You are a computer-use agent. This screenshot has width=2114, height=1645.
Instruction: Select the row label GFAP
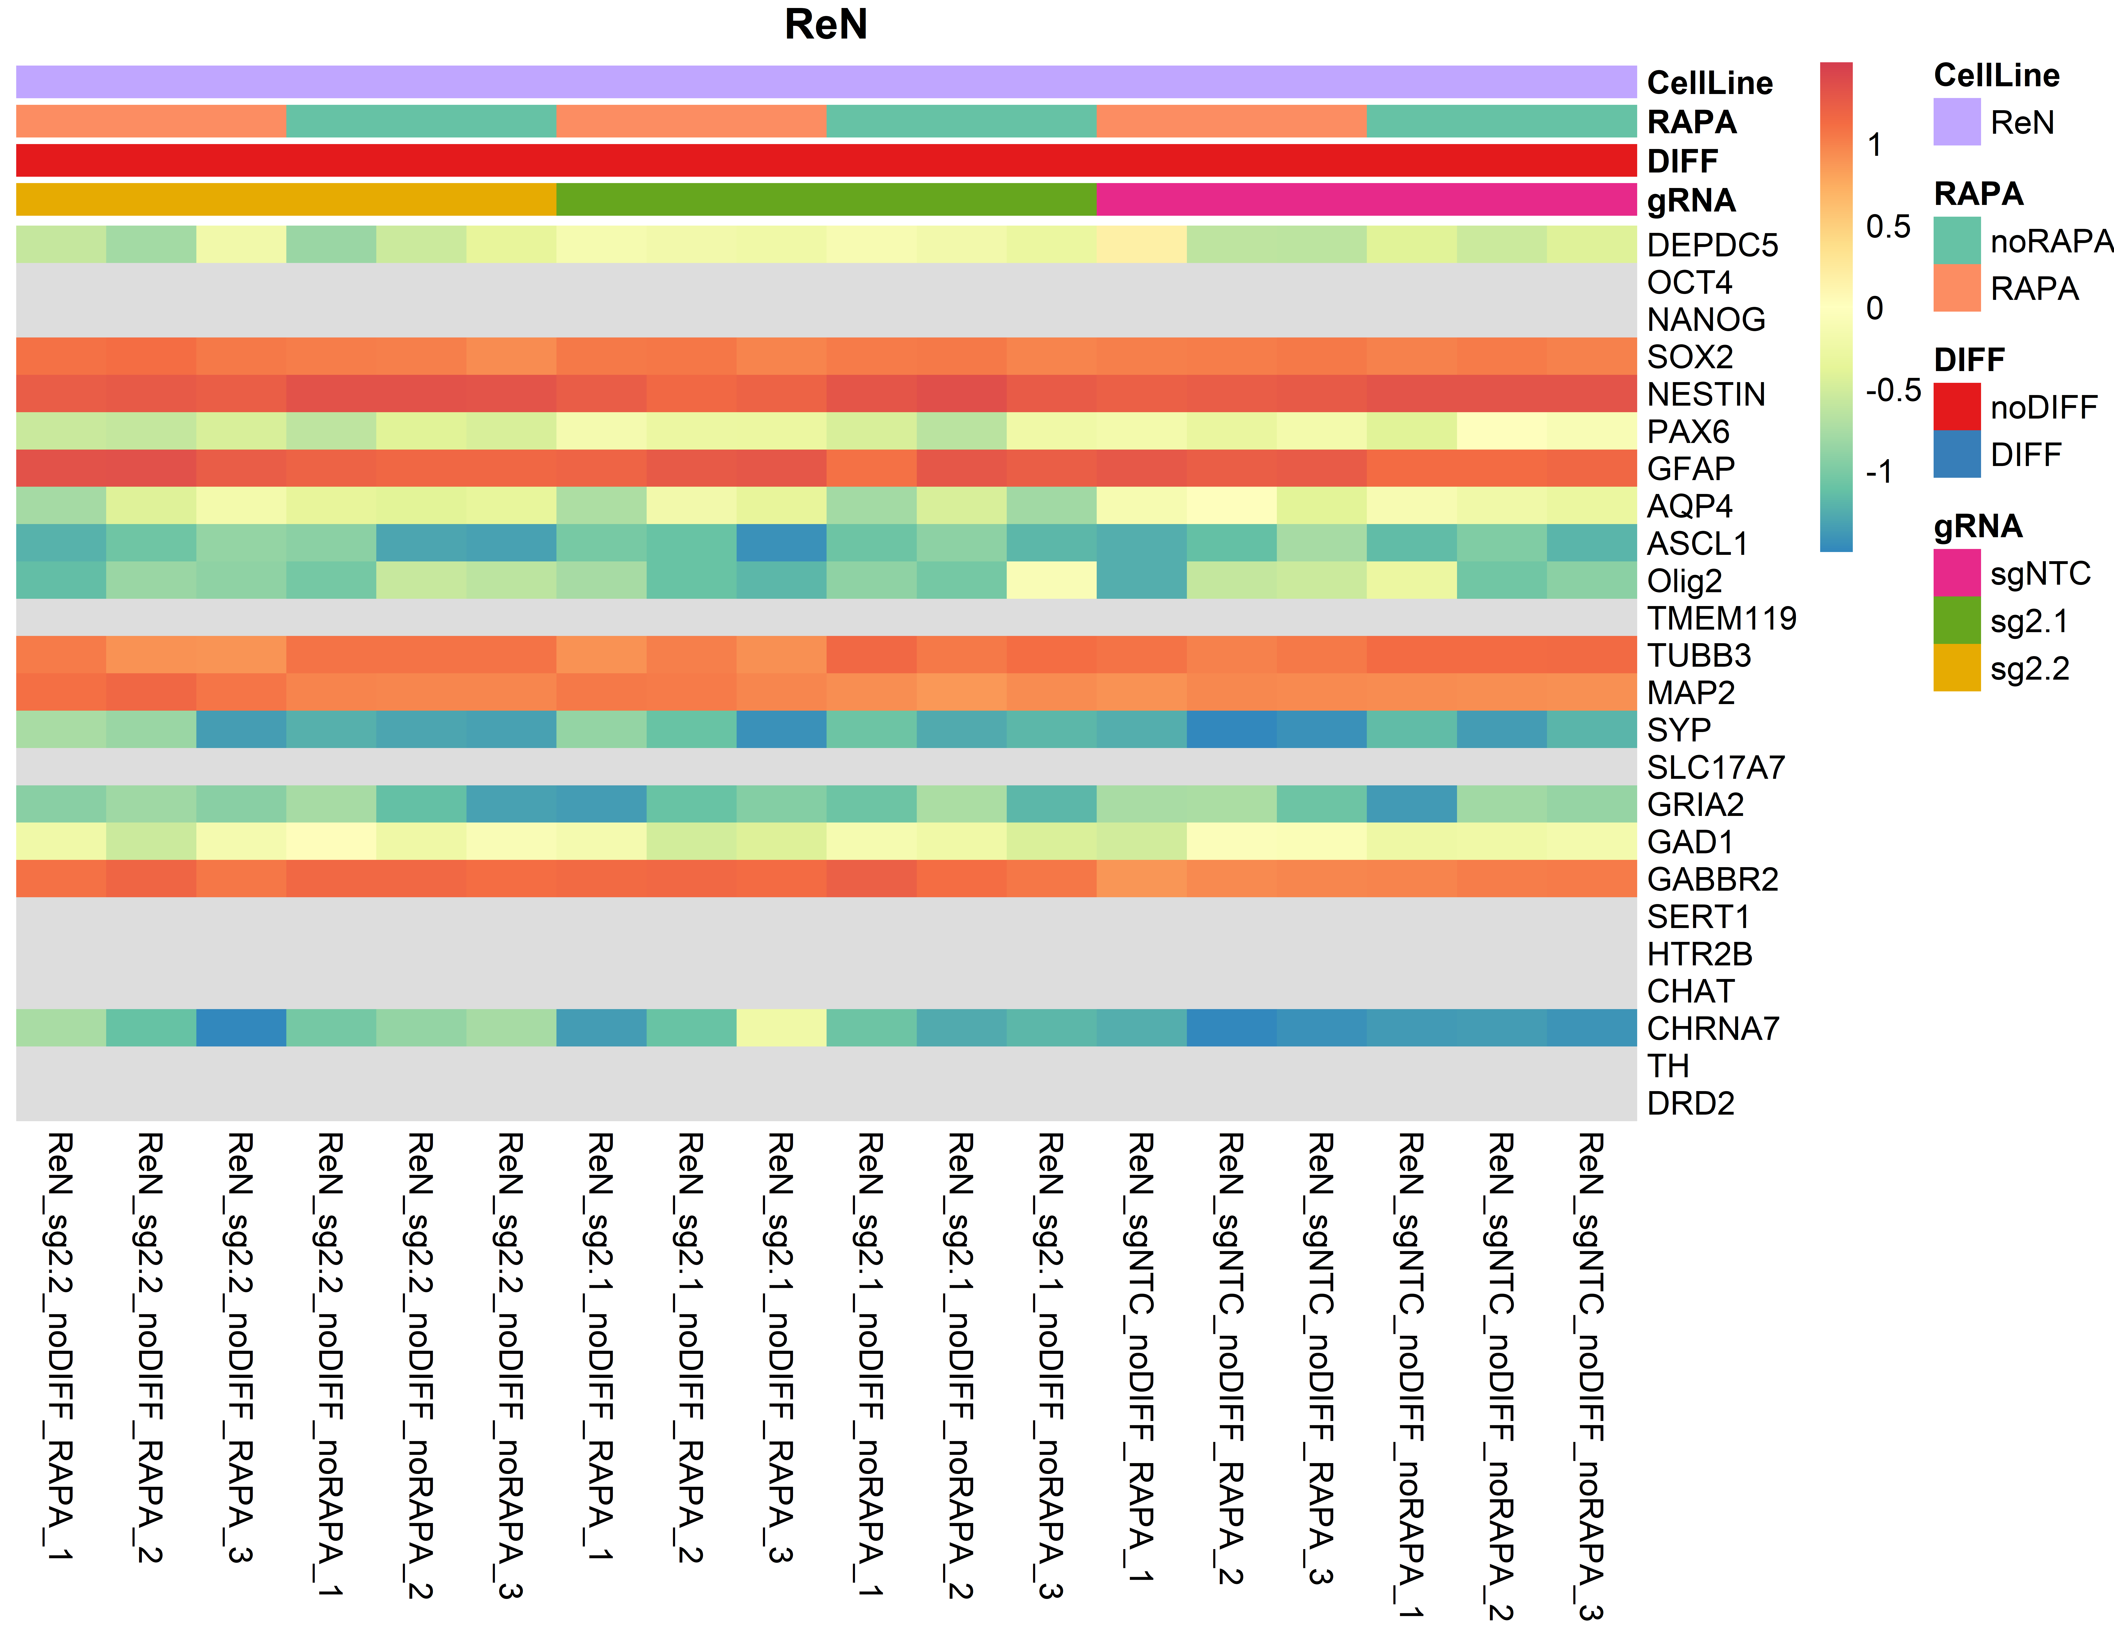coord(1691,469)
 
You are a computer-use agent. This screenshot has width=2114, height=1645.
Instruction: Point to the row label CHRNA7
coord(1713,1028)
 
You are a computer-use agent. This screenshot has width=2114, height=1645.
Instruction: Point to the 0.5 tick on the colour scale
coord(1888,227)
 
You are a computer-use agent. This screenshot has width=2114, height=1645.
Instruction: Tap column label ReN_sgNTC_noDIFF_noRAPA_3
coord(1591,1375)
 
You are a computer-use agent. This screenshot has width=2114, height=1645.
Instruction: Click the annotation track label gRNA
coord(1691,200)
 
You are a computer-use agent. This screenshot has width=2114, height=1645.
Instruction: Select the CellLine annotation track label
coord(1709,83)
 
